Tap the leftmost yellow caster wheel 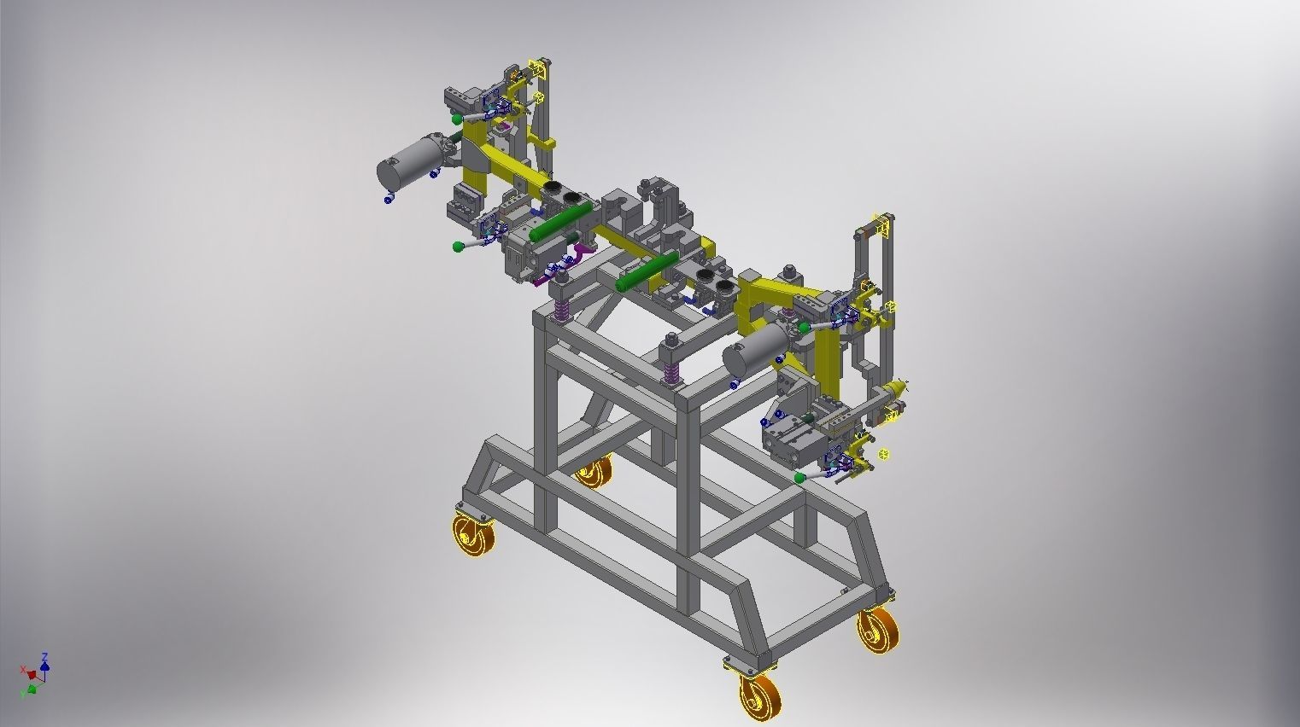point(469,538)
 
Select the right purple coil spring point(672,372)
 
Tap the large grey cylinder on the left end point(407,163)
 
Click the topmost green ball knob point(458,119)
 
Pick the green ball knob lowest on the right point(799,478)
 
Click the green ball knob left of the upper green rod point(459,247)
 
